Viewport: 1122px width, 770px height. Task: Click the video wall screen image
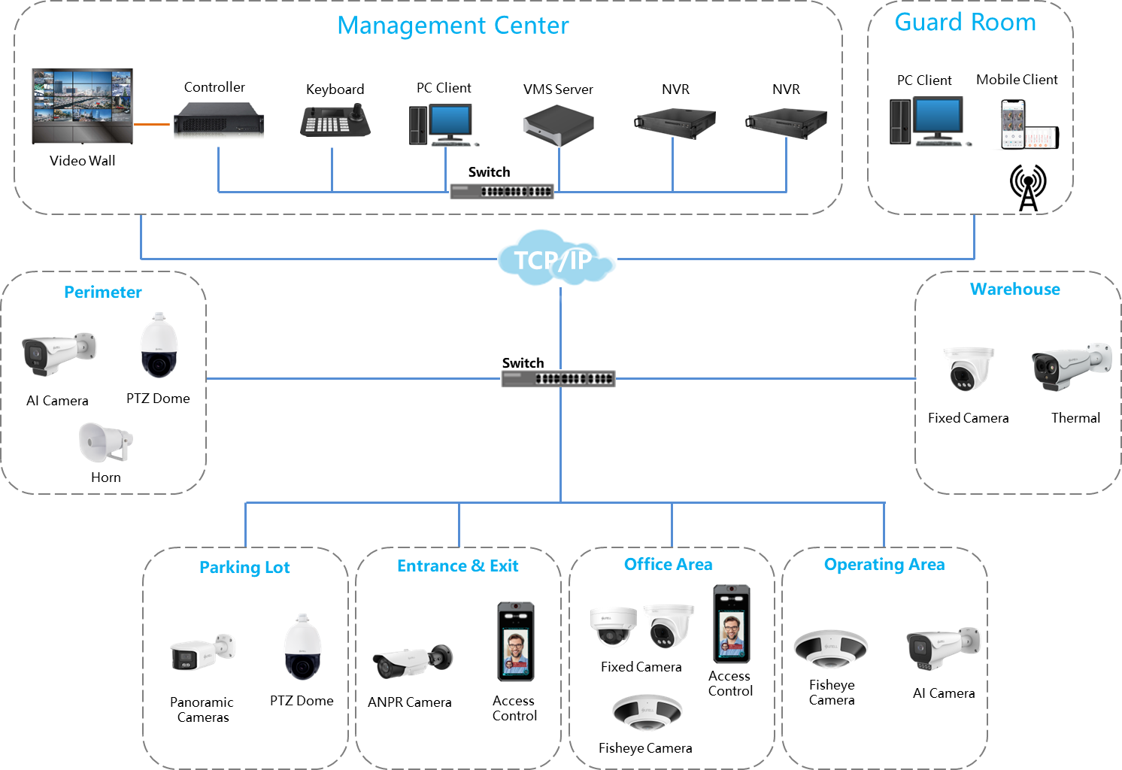click(83, 106)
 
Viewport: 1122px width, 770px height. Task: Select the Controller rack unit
click(214, 119)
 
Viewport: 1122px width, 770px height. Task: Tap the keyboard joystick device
click(335, 120)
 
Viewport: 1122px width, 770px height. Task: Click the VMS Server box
click(558, 125)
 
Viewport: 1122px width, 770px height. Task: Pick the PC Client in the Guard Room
click(929, 121)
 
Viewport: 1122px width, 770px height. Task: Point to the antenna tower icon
click(1028, 188)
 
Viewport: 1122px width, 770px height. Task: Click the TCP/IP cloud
click(556, 257)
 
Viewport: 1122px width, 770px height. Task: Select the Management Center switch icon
click(502, 191)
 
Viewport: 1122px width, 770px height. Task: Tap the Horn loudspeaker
click(105, 441)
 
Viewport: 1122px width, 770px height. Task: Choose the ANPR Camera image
click(412, 660)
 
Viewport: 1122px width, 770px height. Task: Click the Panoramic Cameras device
click(202, 651)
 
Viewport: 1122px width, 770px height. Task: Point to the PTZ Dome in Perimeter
click(159, 345)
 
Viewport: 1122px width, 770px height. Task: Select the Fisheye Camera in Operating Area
click(831, 648)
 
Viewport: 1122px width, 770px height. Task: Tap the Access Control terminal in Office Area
click(731, 624)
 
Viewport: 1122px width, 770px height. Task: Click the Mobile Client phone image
click(1026, 125)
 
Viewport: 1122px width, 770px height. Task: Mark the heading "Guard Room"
click(966, 23)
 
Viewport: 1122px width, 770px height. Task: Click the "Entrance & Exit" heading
click(458, 565)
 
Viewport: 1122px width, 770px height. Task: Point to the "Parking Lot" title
click(244, 568)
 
